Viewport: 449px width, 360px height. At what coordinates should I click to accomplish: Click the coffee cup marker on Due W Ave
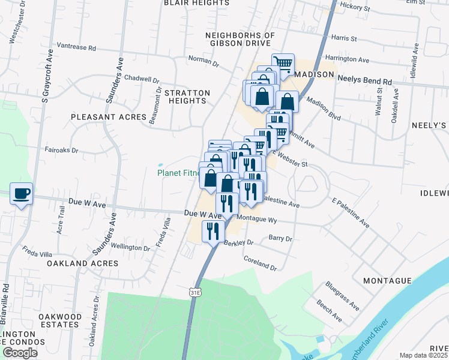click(22, 194)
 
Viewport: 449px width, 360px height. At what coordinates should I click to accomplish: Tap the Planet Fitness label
click(178, 173)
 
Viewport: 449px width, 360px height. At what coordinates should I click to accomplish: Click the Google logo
click(20, 353)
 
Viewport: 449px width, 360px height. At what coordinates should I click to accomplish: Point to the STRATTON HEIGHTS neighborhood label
click(187, 97)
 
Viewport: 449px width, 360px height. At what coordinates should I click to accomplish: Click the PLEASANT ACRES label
click(109, 117)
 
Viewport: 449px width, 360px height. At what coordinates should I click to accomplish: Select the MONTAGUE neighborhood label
click(387, 281)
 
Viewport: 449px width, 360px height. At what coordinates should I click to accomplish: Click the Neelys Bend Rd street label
click(364, 80)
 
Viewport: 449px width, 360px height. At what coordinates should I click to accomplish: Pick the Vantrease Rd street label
click(76, 46)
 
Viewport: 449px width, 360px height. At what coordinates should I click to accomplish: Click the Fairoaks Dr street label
click(61, 151)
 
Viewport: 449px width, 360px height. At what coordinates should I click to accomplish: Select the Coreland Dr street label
click(260, 263)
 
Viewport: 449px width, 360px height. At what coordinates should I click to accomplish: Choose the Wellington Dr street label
click(129, 247)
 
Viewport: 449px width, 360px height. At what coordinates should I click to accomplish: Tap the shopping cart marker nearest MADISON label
click(282, 64)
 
